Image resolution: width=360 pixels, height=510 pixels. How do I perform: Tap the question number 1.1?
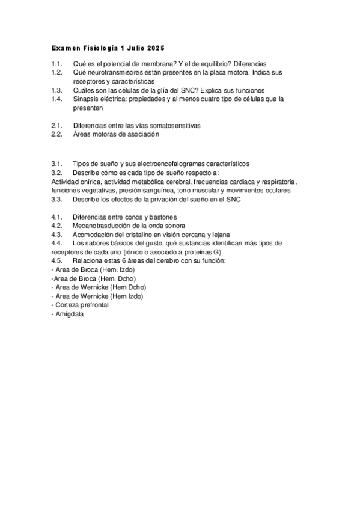click(57, 64)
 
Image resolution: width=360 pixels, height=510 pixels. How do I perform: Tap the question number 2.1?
click(57, 126)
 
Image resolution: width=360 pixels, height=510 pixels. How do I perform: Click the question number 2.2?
click(57, 135)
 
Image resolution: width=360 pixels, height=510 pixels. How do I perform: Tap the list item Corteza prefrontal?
click(81, 305)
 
